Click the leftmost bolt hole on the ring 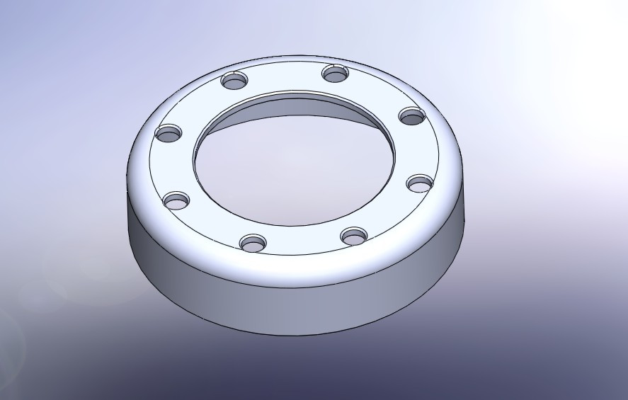click(x=169, y=132)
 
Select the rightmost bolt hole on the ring click(x=419, y=183)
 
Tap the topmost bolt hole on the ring click(x=337, y=72)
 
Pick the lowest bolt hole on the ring click(x=253, y=244)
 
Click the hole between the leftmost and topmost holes click(x=236, y=80)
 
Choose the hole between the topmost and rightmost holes click(x=411, y=115)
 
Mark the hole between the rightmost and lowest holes click(x=353, y=234)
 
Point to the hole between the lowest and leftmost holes click(x=176, y=200)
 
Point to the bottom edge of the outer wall click(x=297, y=334)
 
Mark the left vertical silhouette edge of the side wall click(x=128, y=212)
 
